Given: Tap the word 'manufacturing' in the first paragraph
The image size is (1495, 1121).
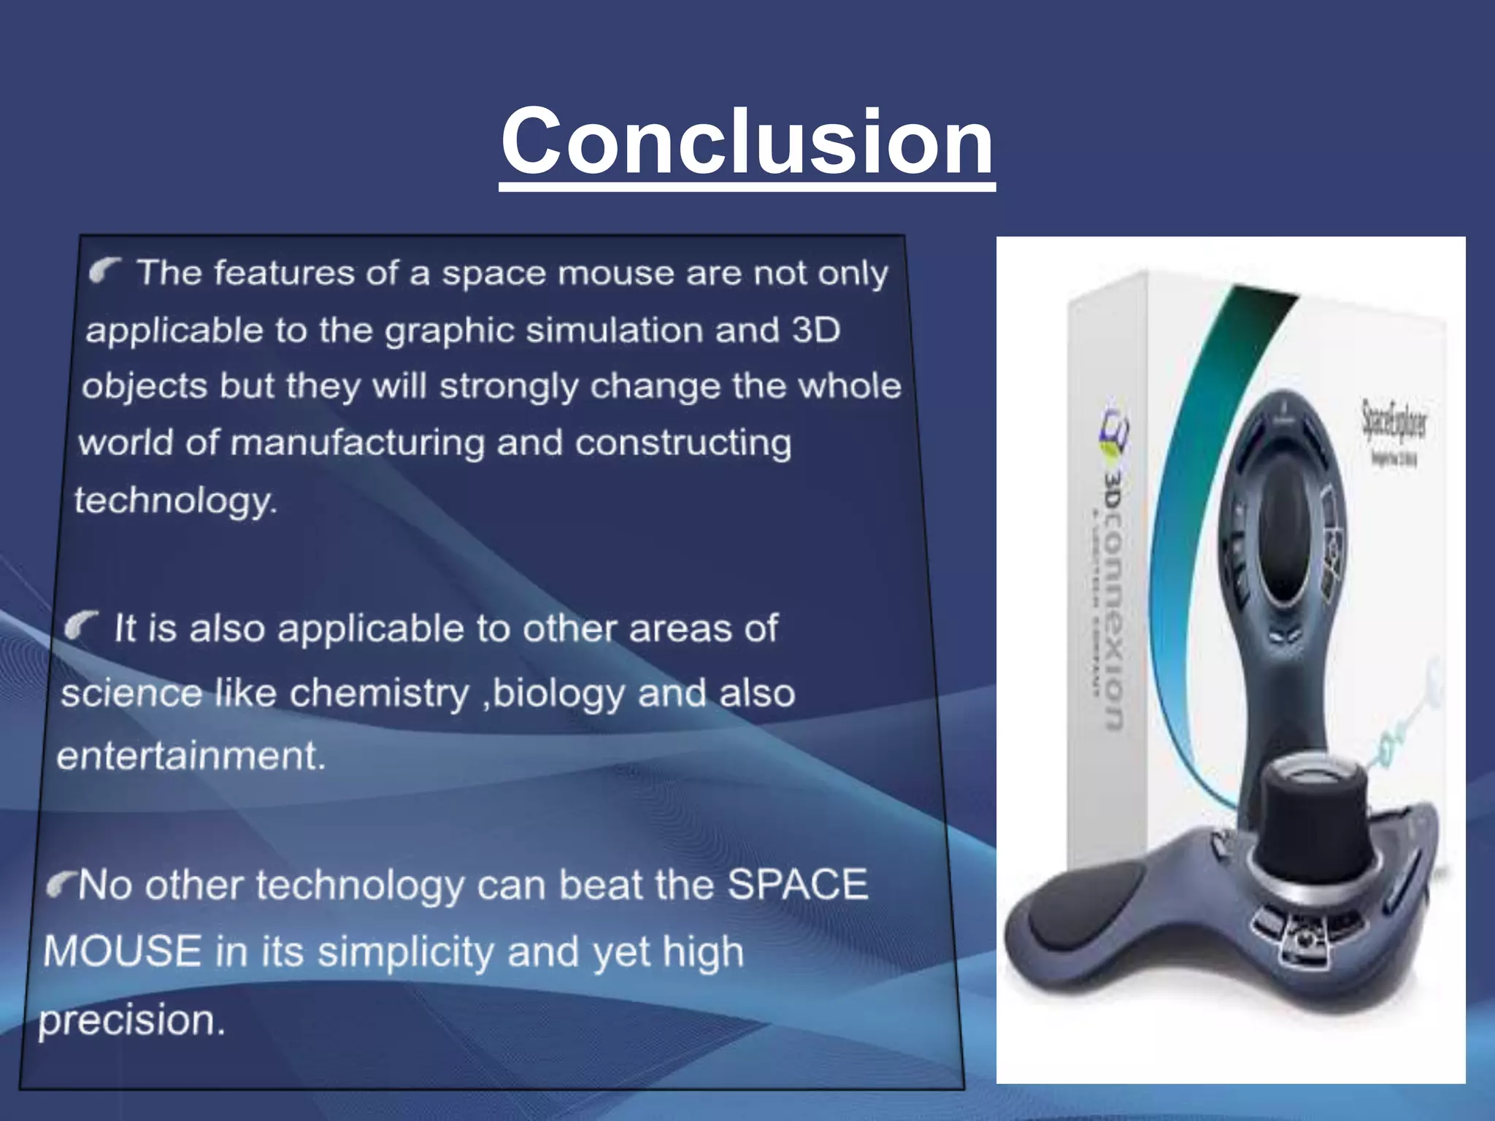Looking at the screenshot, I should click(357, 443).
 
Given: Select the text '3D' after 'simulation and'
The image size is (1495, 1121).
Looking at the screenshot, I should click(815, 330).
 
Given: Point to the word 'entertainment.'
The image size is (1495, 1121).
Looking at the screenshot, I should click(191, 755).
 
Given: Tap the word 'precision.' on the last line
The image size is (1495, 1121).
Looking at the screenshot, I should click(131, 1020).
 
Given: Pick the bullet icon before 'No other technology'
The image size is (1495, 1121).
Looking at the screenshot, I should click(61, 885).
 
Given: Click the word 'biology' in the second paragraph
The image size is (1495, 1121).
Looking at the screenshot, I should click(558, 693).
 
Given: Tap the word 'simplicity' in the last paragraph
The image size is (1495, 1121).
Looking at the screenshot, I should click(406, 952).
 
